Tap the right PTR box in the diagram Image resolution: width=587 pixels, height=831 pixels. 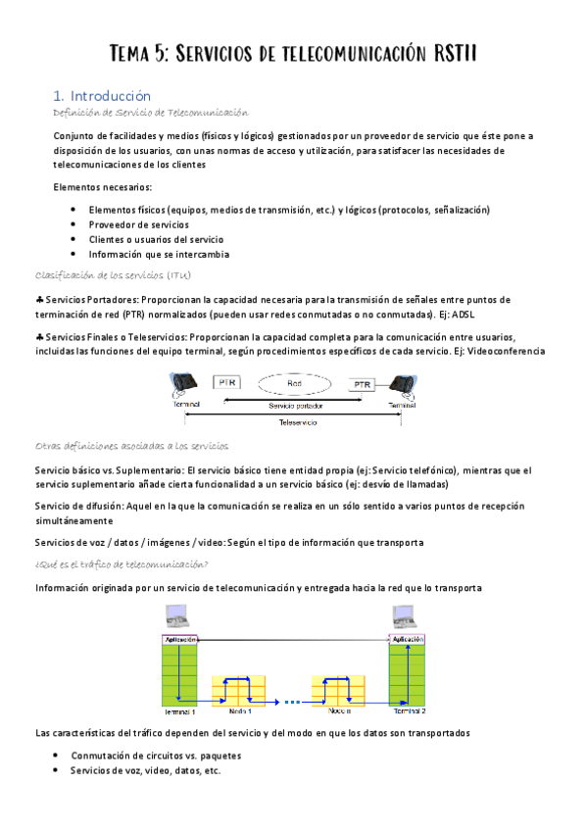pyautogui.click(x=363, y=384)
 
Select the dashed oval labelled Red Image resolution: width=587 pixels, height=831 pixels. pyautogui.click(x=294, y=384)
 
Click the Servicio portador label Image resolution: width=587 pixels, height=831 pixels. pyautogui.click(x=294, y=404)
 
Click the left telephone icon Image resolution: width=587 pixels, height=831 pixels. pyautogui.click(x=184, y=383)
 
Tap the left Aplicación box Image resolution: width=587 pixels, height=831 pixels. pyautogui.click(x=180, y=639)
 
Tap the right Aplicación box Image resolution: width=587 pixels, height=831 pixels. pyautogui.click(x=408, y=639)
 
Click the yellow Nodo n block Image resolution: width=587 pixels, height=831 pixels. pyautogui.click(x=340, y=689)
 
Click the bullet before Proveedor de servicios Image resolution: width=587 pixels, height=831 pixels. pyautogui.click(x=73, y=224)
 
